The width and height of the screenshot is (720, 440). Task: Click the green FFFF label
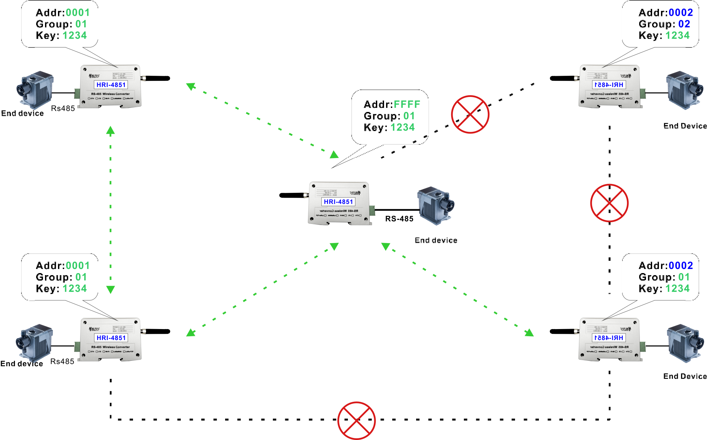pyautogui.click(x=407, y=104)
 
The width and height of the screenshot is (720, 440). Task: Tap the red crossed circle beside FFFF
pyautogui.click(x=470, y=114)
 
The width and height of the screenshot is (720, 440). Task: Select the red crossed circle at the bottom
pyautogui.click(x=356, y=421)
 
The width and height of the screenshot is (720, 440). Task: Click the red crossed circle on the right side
pyautogui.click(x=609, y=203)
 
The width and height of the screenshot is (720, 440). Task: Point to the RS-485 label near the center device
pyautogui.click(x=399, y=219)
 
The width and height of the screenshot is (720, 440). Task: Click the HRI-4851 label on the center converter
pyautogui.click(x=338, y=202)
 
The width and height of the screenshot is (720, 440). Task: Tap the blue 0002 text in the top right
pyautogui.click(x=681, y=13)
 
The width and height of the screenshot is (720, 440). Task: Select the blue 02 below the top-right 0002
pyautogui.click(x=684, y=24)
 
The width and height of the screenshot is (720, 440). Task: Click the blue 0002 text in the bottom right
pyautogui.click(x=681, y=266)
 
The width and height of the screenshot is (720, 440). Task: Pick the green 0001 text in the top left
pyautogui.click(x=78, y=13)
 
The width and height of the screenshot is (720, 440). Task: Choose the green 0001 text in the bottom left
pyautogui.click(x=78, y=266)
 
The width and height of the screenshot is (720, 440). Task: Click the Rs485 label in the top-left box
pyautogui.click(x=63, y=109)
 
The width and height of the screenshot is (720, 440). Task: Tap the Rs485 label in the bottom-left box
pyautogui.click(x=62, y=361)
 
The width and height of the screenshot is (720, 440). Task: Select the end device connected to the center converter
pyautogui.click(x=436, y=205)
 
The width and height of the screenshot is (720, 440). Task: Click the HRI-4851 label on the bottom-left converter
pyautogui.click(x=111, y=338)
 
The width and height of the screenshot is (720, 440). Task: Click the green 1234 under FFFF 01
pyautogui.click(x=403, y=127)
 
